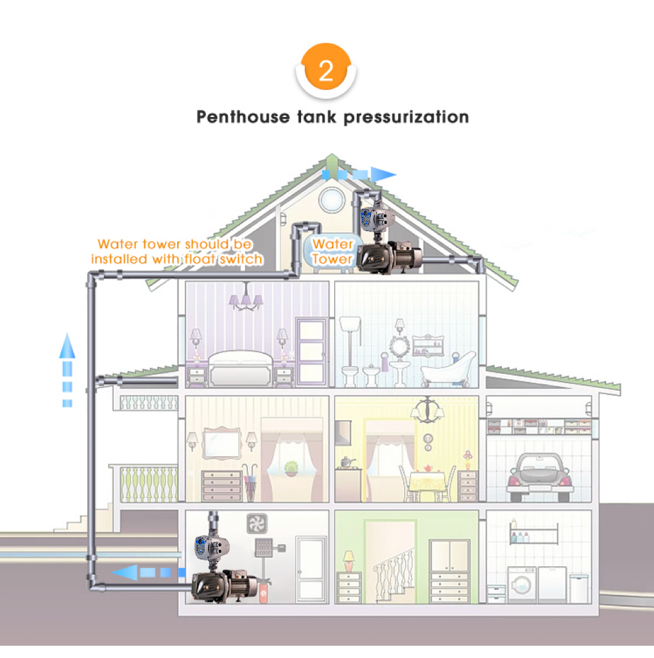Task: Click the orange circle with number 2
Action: (x=326, y=70)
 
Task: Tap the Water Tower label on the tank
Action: (x=332, y=252)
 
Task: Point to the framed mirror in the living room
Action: (x=220, y=441)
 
